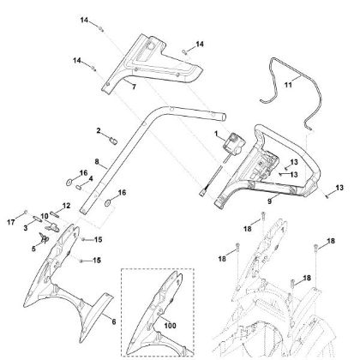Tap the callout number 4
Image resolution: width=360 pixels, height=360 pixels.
point(91,178)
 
